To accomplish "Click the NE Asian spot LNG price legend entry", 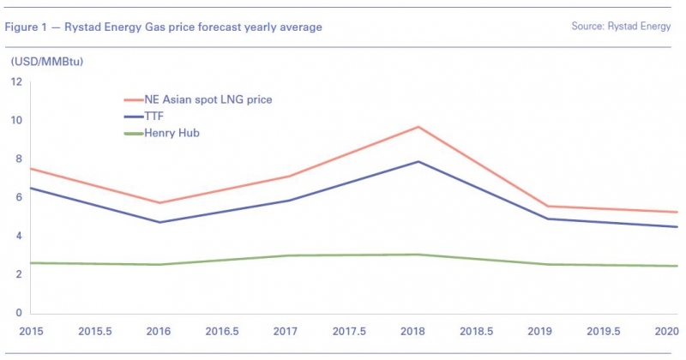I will (x=209, y=100).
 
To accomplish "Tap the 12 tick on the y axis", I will (x=16, y=81).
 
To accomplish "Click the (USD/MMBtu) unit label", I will (x=47, y=61).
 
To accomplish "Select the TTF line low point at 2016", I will (x=159, y=222).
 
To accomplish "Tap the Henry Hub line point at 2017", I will (x=289, y=255).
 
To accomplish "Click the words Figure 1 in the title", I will (x=27, y=27).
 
